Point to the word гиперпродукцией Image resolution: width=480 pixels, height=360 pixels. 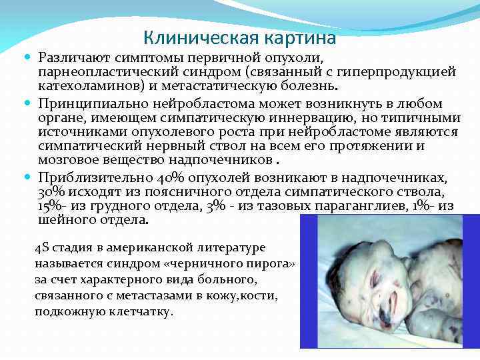point(402,72)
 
